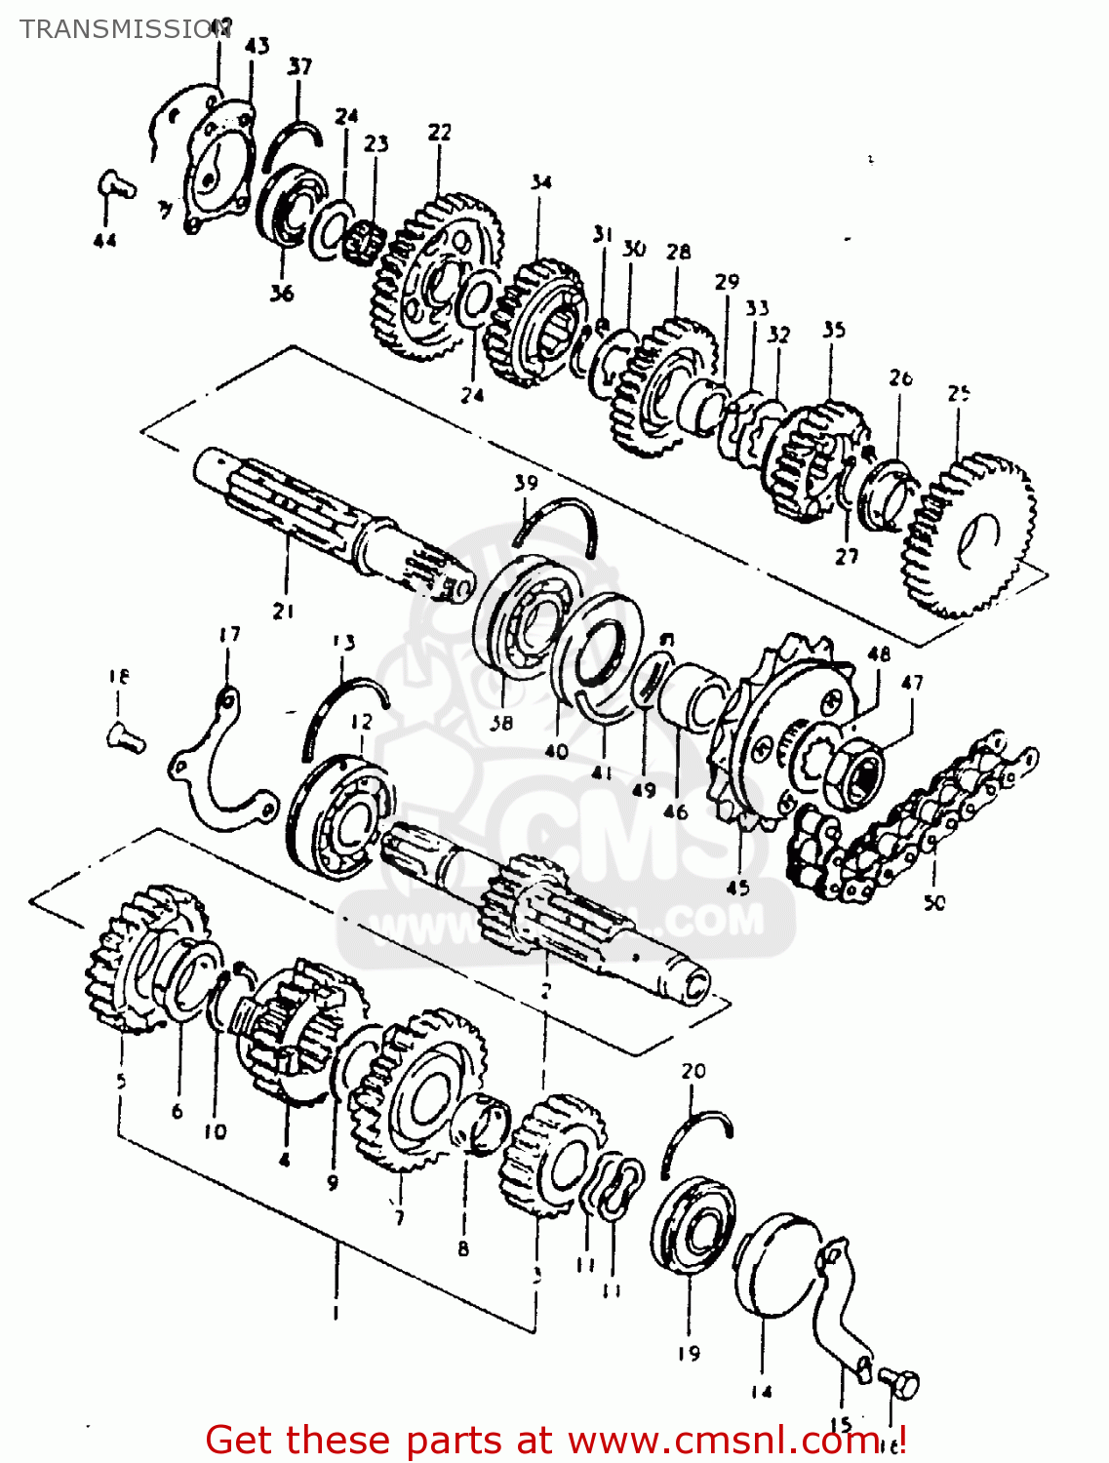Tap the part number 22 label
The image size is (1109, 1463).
pyautogui.click(x=440, y=132)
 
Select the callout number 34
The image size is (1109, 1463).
pyautogui.click(x=541, y=182)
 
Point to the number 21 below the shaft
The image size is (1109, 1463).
pyautogui.click(x=284, y=612)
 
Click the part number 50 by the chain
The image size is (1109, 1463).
pyautogui.click(x=934, y=902)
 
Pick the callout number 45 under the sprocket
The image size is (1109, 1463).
pyautogui.click(x=738, y=888)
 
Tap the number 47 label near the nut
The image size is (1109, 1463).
pyautogui.click(x=912, y=683)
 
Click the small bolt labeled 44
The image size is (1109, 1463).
pyautogui.click(x=115, y=183)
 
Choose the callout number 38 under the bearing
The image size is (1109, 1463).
pyautogui.click(x=501, y=723)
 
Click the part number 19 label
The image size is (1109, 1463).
pyautogui.click(x=689, y=1353)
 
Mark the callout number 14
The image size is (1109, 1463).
pyautogui.click(x=762, y=1392)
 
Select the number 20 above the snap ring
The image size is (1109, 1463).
pyautogui.click(x=693, y=1071)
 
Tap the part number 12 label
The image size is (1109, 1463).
pyautogui.click(x=361, y=722)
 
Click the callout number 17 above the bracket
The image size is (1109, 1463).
pyautogui.click(x=229, y=635)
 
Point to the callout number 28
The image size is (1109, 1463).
pyautogui.click(x=679, y=252)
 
